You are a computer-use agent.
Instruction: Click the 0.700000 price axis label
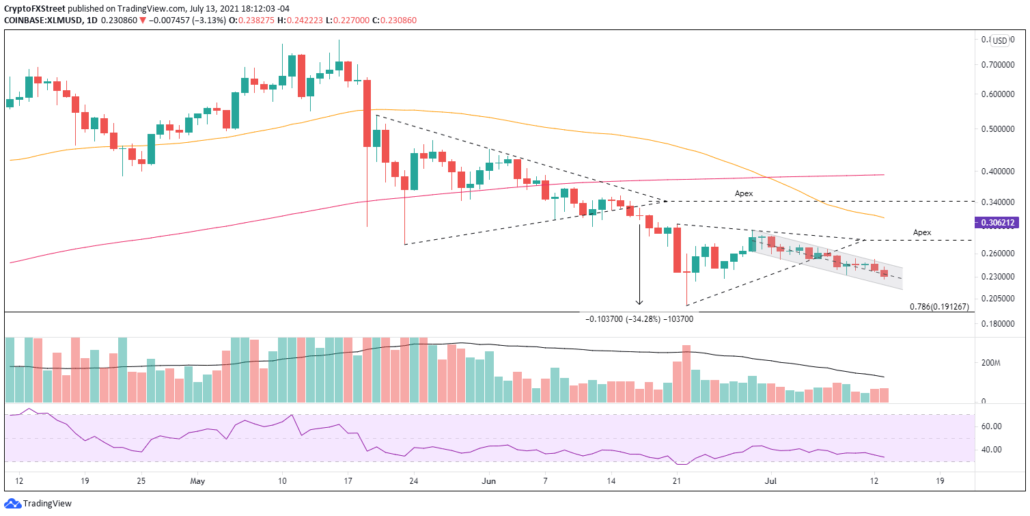[999, 65]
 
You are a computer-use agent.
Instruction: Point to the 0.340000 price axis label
[999, 202]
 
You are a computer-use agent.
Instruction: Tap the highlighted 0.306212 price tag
[999, 223]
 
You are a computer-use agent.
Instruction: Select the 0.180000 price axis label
[999, 325]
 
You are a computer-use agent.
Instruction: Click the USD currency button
[1000, 41]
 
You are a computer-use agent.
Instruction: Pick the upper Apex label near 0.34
[744, 194]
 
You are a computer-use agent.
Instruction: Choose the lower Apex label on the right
[922, 233]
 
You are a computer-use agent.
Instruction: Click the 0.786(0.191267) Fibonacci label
[939, 307]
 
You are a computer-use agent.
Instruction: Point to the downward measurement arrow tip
[639, 303]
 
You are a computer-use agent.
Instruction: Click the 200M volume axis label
[992, 363]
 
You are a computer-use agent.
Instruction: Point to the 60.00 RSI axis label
[992, 426]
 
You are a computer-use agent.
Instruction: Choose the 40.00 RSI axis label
[992, 450]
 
